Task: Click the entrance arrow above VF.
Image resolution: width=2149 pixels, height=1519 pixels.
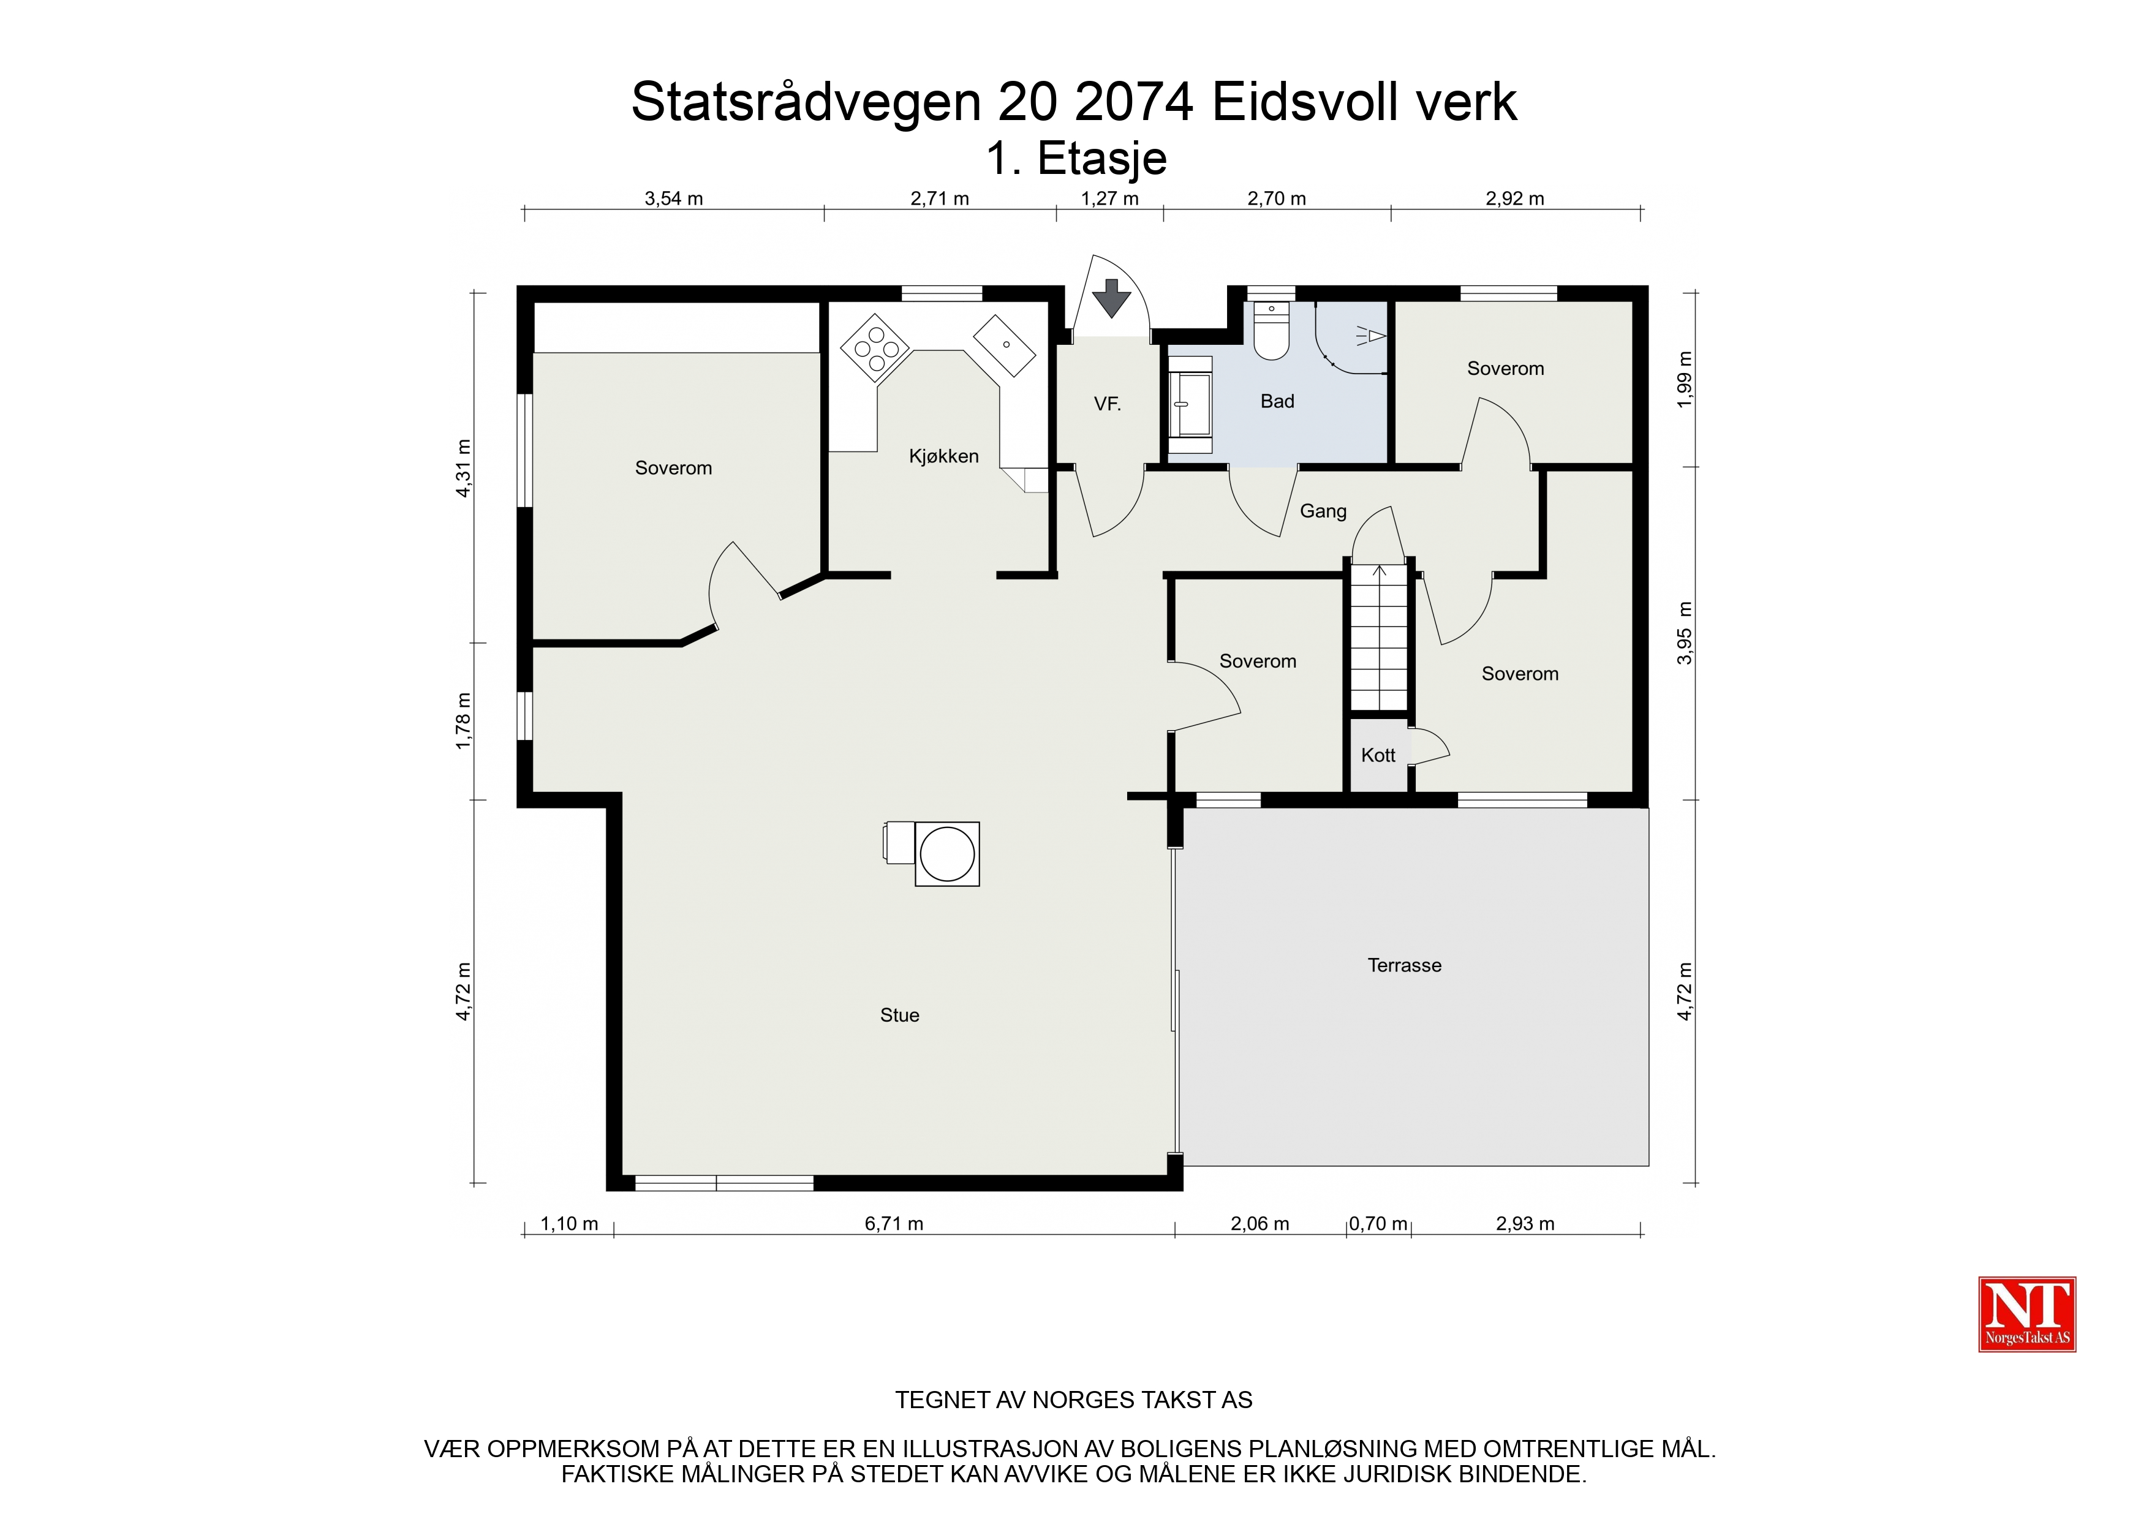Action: click(x=1112, y=298)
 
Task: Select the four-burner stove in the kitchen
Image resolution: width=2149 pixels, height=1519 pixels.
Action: click(x=876, y=348)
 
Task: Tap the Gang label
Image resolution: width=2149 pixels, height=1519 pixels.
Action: click(x=1323, y=511)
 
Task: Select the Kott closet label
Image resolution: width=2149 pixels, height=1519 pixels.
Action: click(x=1378, y=755)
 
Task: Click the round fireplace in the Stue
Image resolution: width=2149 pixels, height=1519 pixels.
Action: click(x=947, y=854)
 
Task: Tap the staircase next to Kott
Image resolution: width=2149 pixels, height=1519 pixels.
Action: click(x=1379, y=636)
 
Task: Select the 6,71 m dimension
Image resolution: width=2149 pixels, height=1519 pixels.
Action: click(x=894, y=1223)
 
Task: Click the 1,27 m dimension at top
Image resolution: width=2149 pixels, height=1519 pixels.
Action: click(x=1110, y=198)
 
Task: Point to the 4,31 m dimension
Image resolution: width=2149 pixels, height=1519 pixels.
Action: click(x=463, y=468)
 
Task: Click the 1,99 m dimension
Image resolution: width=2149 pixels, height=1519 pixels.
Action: click(x=1685, y=379)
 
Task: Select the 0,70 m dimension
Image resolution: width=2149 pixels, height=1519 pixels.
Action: click(x=1378, y=1223)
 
